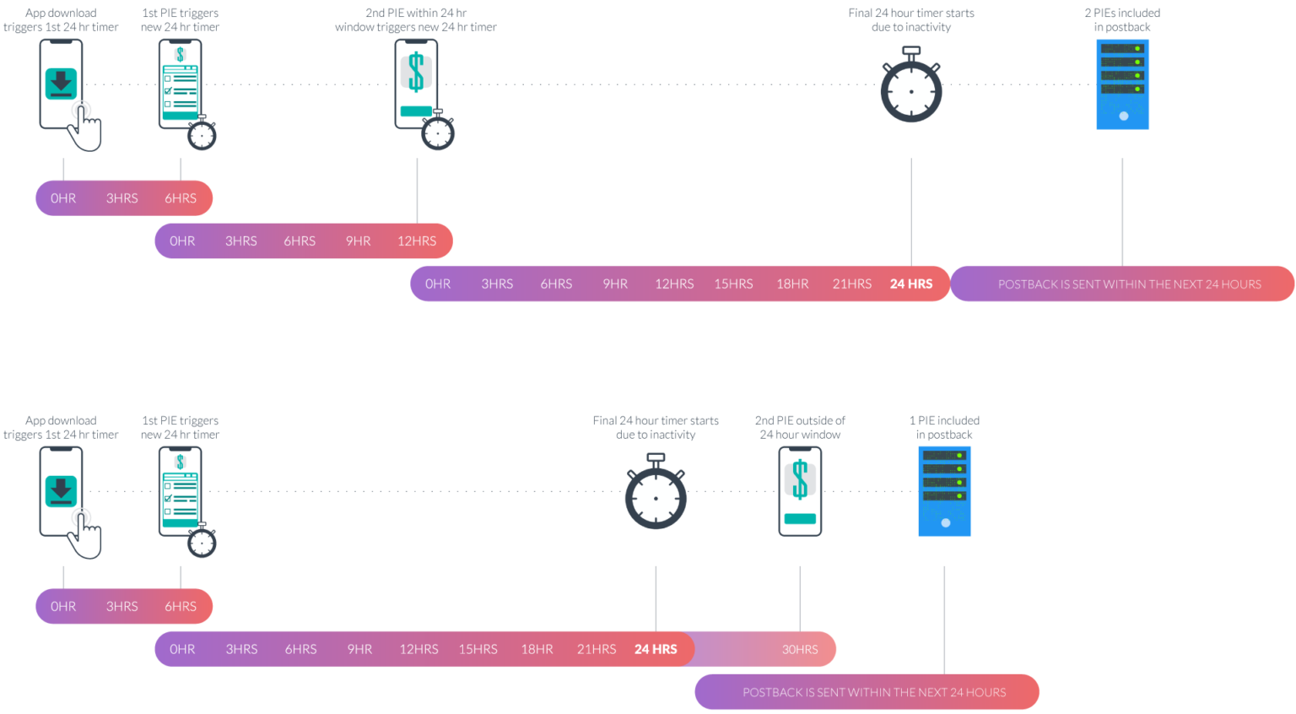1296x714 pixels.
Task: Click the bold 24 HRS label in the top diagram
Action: (910, 284)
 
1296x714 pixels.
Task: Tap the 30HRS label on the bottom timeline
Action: (799, 649)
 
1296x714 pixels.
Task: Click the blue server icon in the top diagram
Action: (1122, 84)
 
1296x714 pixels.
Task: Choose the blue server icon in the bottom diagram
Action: (944, 491)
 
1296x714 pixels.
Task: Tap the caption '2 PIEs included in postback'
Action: (1122, 20)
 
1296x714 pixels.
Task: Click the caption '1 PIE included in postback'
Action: (944, 428)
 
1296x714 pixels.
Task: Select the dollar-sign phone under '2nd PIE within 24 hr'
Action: (416, 84)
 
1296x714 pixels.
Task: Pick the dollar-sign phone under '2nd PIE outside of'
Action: (799, 491)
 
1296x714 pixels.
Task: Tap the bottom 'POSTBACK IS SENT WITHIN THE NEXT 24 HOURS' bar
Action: (873, 692)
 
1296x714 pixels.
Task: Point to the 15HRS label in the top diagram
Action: (733, 284)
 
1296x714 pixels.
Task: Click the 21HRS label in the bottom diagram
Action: (596, 649)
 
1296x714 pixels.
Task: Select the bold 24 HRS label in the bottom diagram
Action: (656, 649)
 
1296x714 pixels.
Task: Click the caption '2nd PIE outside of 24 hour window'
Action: (799, 428)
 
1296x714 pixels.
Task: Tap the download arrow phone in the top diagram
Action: (61, 84)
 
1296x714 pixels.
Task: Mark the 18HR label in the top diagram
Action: (792, 284)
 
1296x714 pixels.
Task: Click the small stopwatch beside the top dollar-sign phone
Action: (438, 133)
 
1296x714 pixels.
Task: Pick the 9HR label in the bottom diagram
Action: (359, 649)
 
